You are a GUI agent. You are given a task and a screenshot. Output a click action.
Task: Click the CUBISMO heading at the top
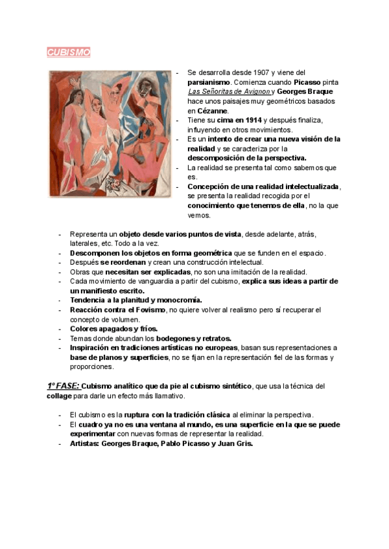pos(68,52)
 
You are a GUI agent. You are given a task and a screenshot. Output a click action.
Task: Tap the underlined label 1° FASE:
pos(63,386)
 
